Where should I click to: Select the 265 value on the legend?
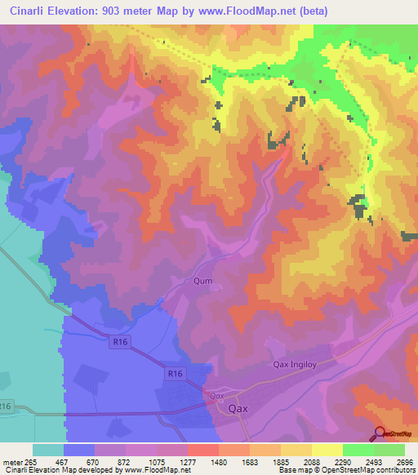pyautogui.click(x=31, y=461)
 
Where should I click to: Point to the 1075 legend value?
pyautogui.click(x=157, y=461)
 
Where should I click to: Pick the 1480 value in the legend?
pyautogui.click(x=220, y=461)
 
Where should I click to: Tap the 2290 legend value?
pyautogui.click(x=344, y=461)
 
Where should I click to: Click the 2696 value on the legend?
pyautogui.click(x=406, y=461)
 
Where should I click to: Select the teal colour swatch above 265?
pyautogui.click(x=48, y=450)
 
